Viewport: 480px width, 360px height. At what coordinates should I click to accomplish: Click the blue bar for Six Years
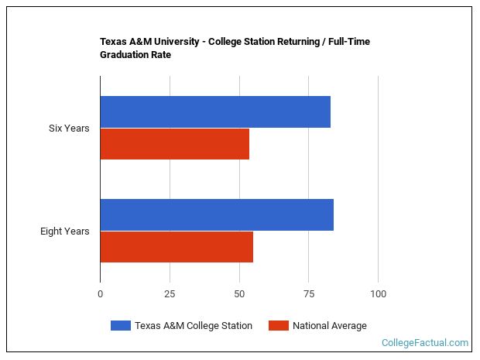click(x=215, y=111)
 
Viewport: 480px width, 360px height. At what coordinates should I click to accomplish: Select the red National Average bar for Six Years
click(x=175, y=144)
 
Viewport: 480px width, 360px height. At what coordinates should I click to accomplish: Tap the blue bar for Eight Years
click(x=217, y=214)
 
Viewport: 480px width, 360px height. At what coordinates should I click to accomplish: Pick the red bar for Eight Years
click(x=177, y=247)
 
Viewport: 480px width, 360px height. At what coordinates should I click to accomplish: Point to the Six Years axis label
click(x=68, y=128)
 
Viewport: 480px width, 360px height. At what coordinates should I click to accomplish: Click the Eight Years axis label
click(x=65, y=231)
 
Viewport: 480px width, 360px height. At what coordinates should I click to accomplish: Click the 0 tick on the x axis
click(x=100, y=294)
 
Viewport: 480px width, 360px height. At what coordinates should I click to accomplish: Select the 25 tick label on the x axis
click(x=170, y=294)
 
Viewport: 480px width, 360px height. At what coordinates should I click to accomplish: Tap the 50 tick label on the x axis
click(x=239, y=294)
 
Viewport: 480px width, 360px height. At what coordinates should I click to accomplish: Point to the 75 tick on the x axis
click(x=308, y=294)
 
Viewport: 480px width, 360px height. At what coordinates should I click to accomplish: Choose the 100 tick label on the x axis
click(x=378, y=294)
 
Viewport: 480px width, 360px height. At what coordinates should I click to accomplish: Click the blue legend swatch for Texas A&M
click(x=120, y=326)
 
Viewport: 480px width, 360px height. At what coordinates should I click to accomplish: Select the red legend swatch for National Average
click(x=278, y=326)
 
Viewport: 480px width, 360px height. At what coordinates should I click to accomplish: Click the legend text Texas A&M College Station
click(x=193, y=326)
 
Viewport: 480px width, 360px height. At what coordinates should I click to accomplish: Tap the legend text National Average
click(x=329, y=326)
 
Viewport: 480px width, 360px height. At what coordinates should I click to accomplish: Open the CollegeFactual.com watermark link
click(x=425, y=342)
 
